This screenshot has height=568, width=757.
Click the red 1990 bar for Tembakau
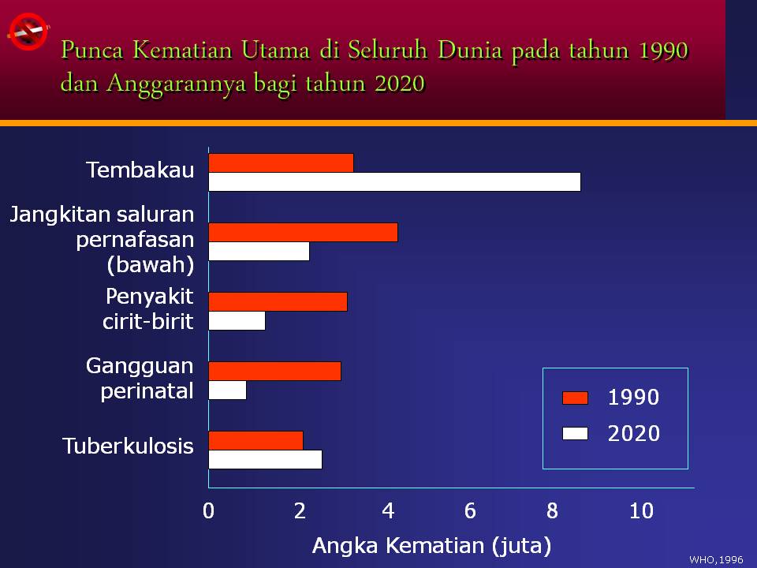point(281,163)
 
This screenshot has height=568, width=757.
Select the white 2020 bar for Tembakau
point(394,181)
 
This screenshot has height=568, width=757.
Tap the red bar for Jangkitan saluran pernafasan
point(303,232)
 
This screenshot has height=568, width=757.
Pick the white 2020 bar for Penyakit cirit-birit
point(237,321)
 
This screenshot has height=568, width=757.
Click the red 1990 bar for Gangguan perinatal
point(274,371)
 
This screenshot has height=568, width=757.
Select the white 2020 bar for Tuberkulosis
point(265,459)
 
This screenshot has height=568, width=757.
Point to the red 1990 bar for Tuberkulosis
point(255,440)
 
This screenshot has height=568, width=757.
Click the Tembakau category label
point(140,170)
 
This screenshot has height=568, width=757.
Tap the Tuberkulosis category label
point(128,446)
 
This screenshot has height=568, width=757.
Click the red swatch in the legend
point(575,398)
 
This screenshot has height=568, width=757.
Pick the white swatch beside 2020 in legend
point(575,433)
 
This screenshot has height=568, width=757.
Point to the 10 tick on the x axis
point(641,511)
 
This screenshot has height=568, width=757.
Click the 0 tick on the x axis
point(208,511)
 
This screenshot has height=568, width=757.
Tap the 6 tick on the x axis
point(470,511)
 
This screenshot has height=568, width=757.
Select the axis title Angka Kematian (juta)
point(431,545)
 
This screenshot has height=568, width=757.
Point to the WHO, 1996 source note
point(716,559)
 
